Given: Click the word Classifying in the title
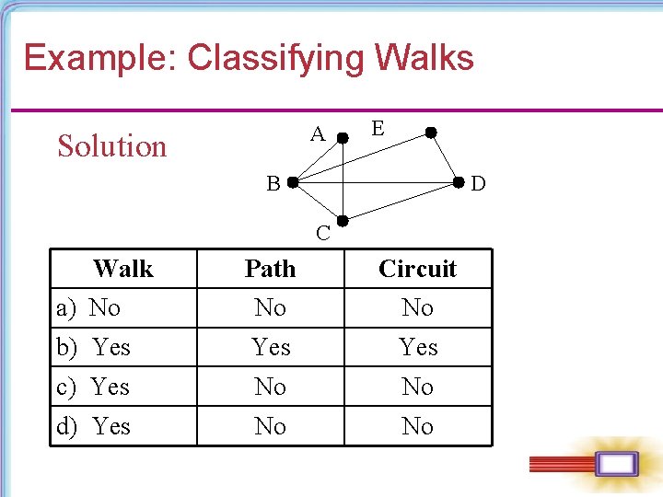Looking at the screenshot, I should tap(276, 59).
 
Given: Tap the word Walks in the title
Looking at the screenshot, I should tap(425, 58).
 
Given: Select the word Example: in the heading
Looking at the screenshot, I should tap(100, 58).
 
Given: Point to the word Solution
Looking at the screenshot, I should tap(112, 146).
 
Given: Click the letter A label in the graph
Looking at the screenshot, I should tap(318, 134).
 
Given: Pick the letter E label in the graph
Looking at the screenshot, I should tap(378, 129).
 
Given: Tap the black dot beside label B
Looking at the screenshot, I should tap(291, 182).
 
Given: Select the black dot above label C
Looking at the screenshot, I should tap(343, 221).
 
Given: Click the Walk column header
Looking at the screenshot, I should tap(123, 269).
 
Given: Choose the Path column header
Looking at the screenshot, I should tap(271, 269).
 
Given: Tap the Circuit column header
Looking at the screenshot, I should tap(418, 269).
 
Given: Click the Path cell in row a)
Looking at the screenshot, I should tap(271, 307).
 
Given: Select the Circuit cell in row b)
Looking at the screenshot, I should tap(418, 347).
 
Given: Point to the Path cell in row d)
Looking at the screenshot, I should tap(271, 426).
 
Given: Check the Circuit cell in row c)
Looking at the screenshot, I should tap(418, 387).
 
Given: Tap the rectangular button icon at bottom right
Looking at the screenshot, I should tap(615, 464).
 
